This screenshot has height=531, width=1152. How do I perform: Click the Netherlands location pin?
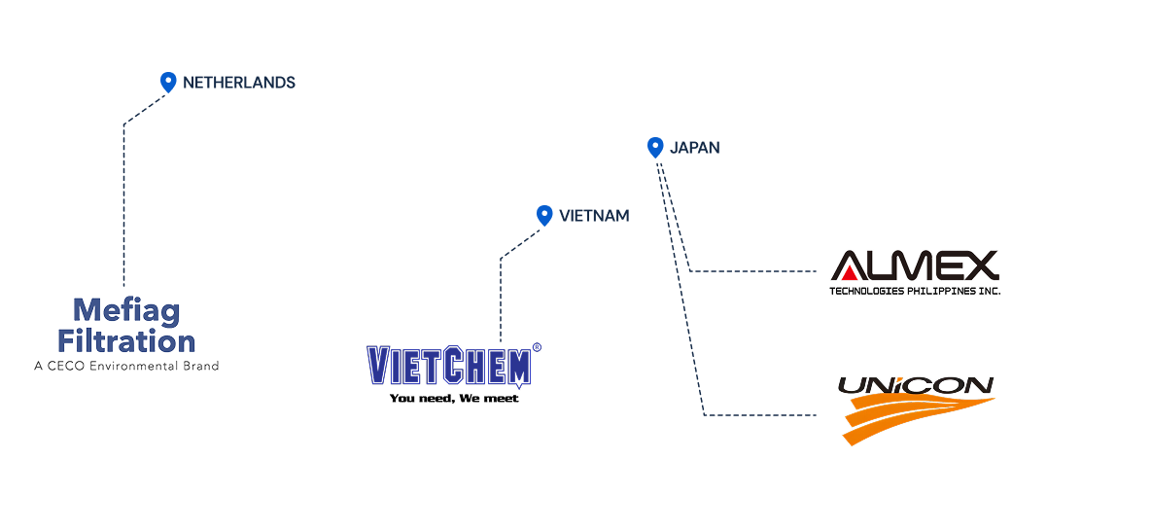168,82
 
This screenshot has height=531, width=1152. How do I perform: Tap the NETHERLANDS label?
239,83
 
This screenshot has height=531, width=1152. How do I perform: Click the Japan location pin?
655,147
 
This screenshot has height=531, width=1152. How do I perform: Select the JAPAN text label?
695,148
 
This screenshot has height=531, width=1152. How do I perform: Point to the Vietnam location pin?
544,215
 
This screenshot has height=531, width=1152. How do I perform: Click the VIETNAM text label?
594,216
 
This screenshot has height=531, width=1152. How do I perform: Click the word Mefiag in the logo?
126,311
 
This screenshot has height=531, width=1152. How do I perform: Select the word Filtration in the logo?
126,341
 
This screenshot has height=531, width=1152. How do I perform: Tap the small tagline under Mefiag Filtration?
126,366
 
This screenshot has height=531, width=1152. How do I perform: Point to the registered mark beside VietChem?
537,347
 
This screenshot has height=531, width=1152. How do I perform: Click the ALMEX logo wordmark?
915,265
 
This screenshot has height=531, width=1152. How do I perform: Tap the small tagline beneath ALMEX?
915,289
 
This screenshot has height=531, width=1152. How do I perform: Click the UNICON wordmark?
916,386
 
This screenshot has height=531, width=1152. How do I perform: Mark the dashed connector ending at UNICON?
758,415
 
